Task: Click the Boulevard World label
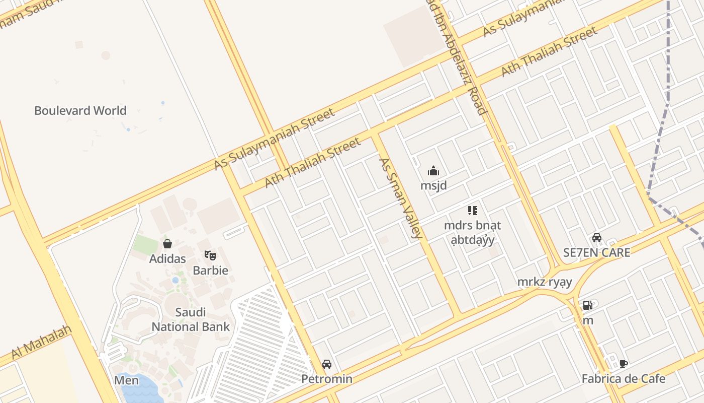80,110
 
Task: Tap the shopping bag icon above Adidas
167,244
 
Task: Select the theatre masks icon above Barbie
210,255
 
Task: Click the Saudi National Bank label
191,319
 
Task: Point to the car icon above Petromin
327,364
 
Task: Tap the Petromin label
327,379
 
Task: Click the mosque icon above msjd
433,171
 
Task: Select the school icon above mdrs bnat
472,211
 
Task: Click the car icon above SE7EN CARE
597,238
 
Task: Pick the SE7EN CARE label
596,252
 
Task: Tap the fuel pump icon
587,305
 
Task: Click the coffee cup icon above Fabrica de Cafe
624,364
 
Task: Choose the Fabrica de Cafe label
624,379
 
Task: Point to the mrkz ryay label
545,282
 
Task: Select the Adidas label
167,259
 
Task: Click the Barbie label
211,271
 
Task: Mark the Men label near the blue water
126,380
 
